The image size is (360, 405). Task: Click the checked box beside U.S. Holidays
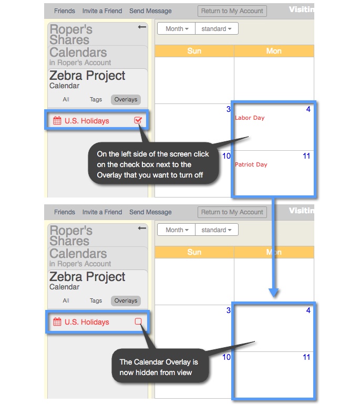coord(138,120)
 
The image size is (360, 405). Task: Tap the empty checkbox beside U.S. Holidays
coord(138,321)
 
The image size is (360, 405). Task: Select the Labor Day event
coord(250,118)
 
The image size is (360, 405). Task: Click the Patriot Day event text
coord(251,164)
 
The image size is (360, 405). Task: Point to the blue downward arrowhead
coord(273,292)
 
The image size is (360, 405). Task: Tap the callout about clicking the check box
coord(153,164)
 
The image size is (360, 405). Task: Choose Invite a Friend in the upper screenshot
coord(102,11)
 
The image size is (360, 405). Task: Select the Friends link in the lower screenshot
coord(64,212)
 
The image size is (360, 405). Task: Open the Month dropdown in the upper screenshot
coord(176,29)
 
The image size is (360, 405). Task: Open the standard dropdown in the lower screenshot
coord(216,230)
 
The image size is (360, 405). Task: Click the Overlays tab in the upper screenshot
coord(126,99)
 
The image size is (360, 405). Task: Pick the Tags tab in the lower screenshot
coord(96,300)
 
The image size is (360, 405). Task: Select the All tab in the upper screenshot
coord(66,99)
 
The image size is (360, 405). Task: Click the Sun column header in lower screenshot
coord(194,252)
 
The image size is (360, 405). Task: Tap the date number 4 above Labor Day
coord(308,109)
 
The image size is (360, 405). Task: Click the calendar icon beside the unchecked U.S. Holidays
coord(57,322)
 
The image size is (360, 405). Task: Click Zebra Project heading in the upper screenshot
coord(87,76)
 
